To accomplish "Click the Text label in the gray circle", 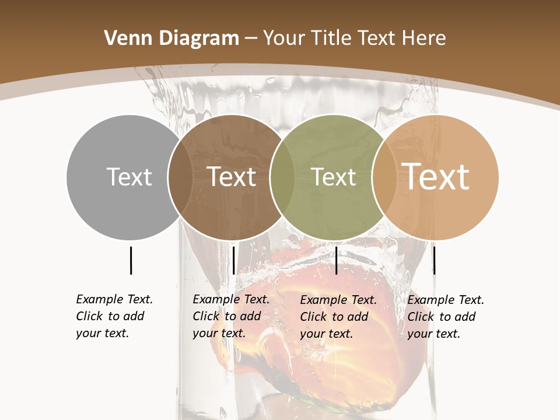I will tap(129, 177).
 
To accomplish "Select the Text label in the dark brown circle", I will tap(232, 177).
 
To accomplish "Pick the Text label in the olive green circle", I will tap(334, 177).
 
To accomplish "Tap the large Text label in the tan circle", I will tap(436, 176).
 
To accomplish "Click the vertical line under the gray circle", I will tap(131, 260).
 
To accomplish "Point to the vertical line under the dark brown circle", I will tap(233, 260).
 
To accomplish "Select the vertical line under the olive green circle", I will tap(336, 260).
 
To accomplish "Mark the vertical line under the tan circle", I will tap(434, 260).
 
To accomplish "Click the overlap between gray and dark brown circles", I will tap(180, 177).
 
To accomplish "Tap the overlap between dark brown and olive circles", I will tap(282, 177).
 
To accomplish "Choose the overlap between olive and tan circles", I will tap(384, 177).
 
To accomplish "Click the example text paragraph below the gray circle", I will tap(114, 316).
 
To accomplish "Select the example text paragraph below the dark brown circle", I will tap(230, 316).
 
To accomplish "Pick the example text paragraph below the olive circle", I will tap(338, 317).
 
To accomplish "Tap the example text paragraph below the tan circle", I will tap(445, 317).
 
